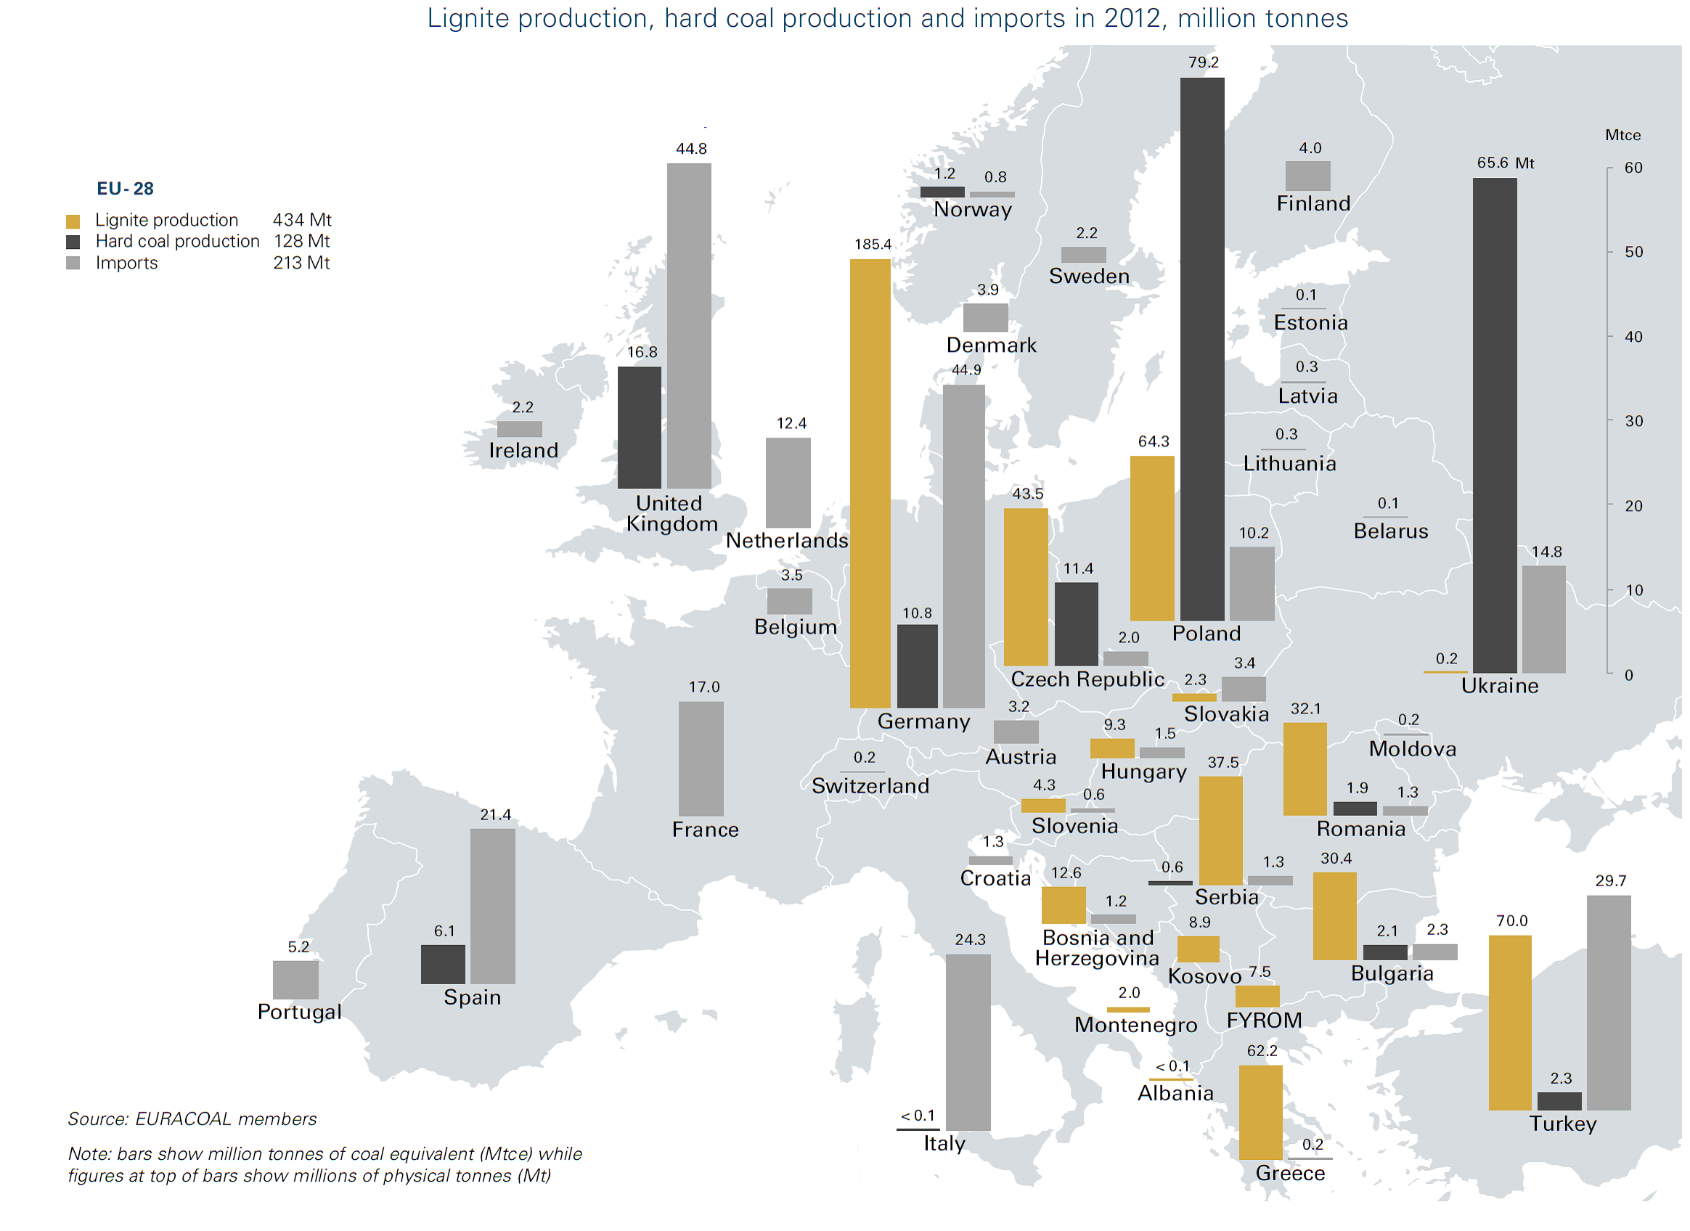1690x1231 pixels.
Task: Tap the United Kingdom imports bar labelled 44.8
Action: tap(688, 326)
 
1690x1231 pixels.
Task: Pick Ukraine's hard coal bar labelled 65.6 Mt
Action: tap(1494, 425)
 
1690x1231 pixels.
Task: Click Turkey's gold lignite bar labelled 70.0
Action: tap(1509, 1023)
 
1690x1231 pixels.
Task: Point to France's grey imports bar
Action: tap(701, 758)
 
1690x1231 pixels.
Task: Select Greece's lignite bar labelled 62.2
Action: tap(1260, 1112)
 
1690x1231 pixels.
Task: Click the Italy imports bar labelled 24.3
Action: tap(967, 1042)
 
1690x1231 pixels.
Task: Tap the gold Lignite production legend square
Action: tap(73, 221)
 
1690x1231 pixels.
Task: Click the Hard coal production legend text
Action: tap(177, 242)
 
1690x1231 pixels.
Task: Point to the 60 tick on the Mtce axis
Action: tap(1633, 168)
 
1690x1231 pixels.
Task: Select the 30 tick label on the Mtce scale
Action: tap(1633, 422)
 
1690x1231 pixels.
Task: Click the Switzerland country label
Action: tap(870, 786)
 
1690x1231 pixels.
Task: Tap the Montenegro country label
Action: tap(1135, 1026)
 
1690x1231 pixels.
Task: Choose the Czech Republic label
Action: tap(1087, 679)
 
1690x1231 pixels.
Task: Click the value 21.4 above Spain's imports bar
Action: tap(496, 815)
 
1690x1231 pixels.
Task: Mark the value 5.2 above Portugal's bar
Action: tap(298, 947)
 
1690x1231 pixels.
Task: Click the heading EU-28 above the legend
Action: tap(125, 189)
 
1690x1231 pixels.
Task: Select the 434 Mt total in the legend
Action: tap(302, 221)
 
